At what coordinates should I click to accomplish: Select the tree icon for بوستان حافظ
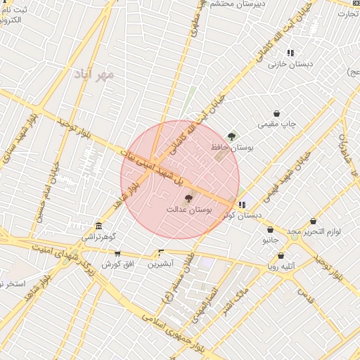tap(232, 136)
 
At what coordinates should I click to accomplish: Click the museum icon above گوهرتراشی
tap(98, 226)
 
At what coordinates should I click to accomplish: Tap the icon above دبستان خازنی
tap(290, 53)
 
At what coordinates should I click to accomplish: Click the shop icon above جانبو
tap(270, 229)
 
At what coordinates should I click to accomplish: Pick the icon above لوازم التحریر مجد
tap(311, 220)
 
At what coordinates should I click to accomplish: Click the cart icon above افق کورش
tap(117, 253)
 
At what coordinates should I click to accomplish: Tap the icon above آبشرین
tap(162, 252)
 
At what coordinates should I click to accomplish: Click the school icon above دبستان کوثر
tap(242, 205)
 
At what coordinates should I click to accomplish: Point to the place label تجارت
tap(347, 12)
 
